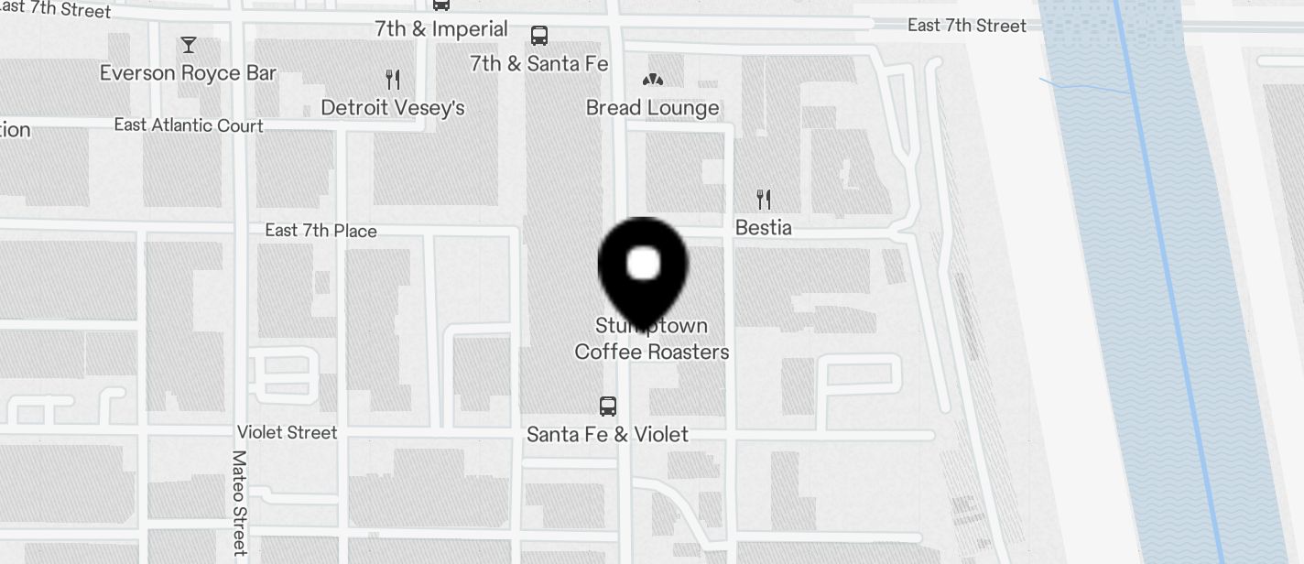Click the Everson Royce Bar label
(x=188, y=73)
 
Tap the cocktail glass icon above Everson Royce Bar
(x=189, y=45)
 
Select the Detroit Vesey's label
(x=393, y=108)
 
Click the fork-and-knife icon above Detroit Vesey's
(x=393, y=80)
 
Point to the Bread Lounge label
(x=652, y=108)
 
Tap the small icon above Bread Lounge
(x=652, y=81)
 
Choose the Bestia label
(x=763, y=227)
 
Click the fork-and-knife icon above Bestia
(x=763, y=199)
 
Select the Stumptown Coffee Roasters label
(x=652, y=339)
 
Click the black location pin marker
(x=643, y=266)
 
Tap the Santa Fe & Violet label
(x=607, y=434)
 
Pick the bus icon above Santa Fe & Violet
(x=607, y=406)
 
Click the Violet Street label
(x=288, y=432)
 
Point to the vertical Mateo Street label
(x=239, y=503)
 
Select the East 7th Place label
(x=321, y=231)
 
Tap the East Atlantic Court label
(x=189, y=125)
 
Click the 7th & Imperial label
(x=441, y=29)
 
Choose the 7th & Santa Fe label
(x=538, y=64)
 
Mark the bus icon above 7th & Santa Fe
(x=539, y=36)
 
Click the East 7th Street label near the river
(x=967, y=26)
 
